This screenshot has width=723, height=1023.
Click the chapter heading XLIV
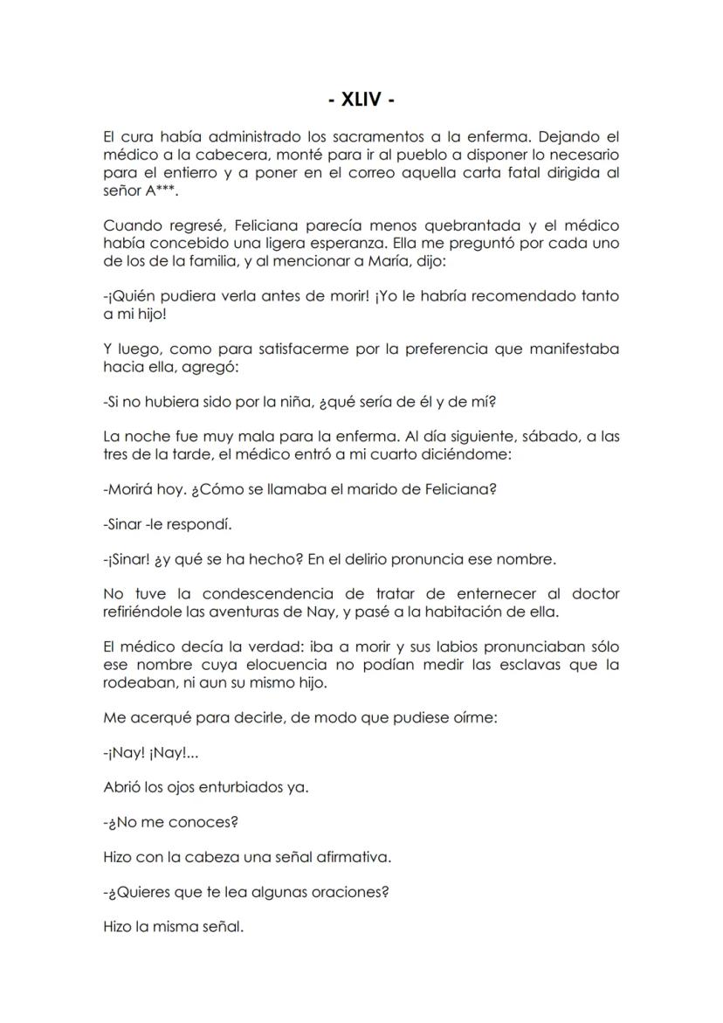point(361,100)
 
